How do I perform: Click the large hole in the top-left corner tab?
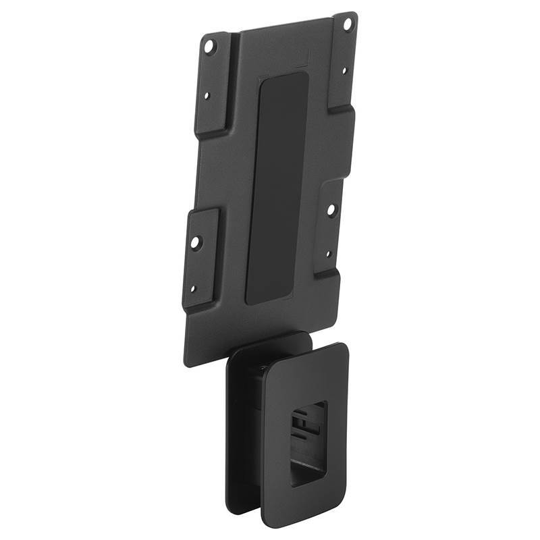pyautogui.click(x=209, y=46)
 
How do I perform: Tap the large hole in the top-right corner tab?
pyautogui.click(x=348, y=24)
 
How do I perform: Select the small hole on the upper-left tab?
pyautogui.click(x=207, y=96)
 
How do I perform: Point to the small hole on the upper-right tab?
pyautogui.click(x=344, y=70)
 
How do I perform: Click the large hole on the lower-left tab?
pyautogui.click(x=195, y=240)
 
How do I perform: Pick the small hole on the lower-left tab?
pyautogui.click(x=192, y=289)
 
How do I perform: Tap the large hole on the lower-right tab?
pyautogui.click(x=331, y=209)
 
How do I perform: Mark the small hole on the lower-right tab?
pyautogui.click(x=329, y=254)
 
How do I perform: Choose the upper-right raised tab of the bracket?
pyautogui.click(x=343, y=64)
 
